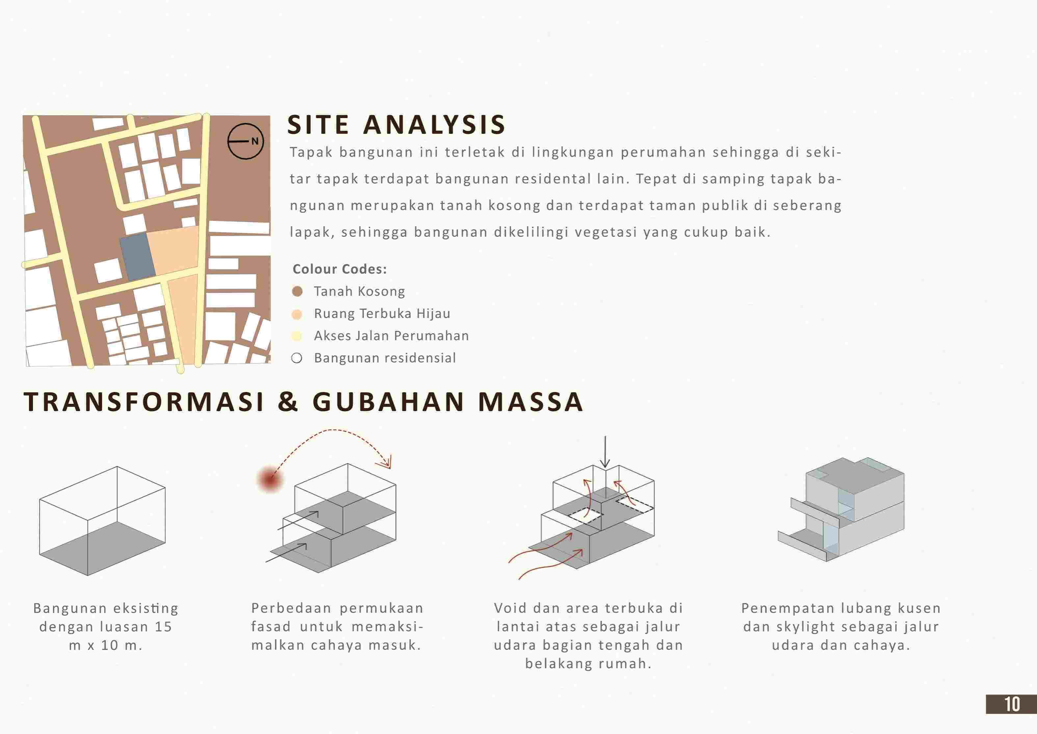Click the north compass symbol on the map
[245, 141]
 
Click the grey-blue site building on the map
[137, 256]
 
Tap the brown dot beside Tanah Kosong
[297, 291]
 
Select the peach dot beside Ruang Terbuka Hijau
[297, 314]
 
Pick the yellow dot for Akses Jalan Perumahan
[297, 336]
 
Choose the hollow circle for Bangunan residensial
[297, 358]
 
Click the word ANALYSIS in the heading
[434, 125]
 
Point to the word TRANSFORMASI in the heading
[144, 402]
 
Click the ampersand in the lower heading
[288, 402]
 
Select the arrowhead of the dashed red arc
[387, 463]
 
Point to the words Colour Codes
[340, 269]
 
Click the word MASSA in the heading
[531, 402]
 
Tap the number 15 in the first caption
[163, 627]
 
